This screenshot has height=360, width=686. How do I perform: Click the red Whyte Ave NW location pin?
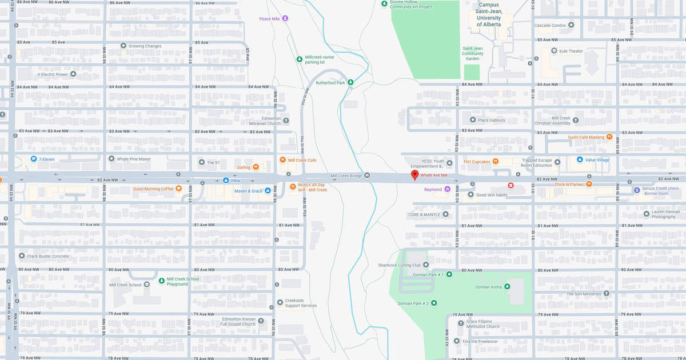coord(415,175)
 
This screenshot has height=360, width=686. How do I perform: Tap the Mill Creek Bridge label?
coord(346,175)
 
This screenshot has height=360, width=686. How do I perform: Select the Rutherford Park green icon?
coord(351,83)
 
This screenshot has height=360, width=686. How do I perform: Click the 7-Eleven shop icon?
coord(34,159)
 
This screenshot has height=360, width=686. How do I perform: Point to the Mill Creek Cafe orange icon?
coord(282,160)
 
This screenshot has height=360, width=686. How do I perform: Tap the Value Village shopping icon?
coord(580,159)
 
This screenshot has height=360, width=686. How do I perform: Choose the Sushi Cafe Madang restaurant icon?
coord(609,137)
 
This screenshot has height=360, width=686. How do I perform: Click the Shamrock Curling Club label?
coord(399,265)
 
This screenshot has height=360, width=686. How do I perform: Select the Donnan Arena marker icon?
coord(506,286)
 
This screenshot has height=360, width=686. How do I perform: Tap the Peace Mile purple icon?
coord(285,18)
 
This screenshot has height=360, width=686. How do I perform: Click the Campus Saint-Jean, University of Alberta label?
coord(489,14)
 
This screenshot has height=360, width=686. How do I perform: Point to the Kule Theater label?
coord(571,51)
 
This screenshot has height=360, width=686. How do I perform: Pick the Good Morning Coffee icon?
coord(179,189)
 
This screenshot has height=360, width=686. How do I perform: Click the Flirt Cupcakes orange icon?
coord(496,161)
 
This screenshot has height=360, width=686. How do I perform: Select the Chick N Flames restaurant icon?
coord(589,183)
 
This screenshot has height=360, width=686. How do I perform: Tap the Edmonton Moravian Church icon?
coord(286,120)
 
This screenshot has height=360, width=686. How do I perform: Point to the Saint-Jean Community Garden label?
coord(472,53)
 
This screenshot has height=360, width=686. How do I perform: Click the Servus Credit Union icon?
coord(637,190)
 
